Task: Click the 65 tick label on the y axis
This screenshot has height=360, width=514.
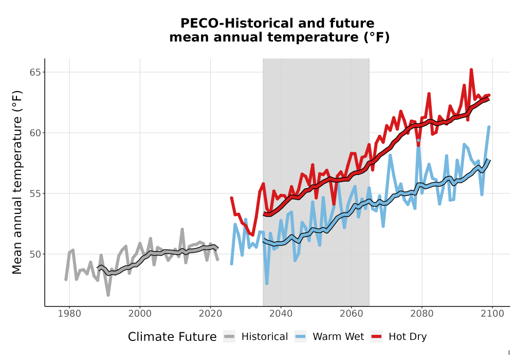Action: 35,72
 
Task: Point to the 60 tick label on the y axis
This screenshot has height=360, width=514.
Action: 35,133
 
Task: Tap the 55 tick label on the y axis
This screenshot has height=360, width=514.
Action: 35,193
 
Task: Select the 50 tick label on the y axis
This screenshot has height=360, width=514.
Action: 35,254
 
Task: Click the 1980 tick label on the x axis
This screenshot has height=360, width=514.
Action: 69,314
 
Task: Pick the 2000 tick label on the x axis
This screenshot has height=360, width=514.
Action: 140,314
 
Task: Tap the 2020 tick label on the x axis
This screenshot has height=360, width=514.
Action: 210,314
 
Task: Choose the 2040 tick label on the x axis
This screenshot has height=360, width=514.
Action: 281,314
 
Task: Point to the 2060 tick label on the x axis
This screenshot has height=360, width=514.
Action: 352,314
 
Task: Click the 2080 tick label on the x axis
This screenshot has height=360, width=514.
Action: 422,314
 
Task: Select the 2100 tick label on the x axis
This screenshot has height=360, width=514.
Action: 492,314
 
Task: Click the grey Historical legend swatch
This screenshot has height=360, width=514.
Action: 229,337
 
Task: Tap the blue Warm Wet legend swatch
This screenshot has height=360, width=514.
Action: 300,337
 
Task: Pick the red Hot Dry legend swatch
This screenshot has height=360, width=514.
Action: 376,337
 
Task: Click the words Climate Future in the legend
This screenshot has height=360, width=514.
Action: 172,337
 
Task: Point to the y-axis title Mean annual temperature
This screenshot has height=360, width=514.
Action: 17,182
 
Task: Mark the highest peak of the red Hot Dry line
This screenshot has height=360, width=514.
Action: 471,69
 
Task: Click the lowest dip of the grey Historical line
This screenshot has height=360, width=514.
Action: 108,295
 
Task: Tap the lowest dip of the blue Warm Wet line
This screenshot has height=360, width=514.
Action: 267,283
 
